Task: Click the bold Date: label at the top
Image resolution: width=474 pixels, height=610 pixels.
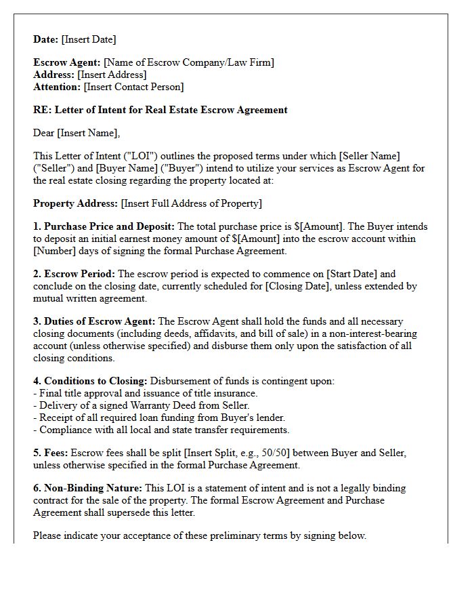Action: (46, 39)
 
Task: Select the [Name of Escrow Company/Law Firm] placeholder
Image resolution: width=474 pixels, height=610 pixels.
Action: (189, 63)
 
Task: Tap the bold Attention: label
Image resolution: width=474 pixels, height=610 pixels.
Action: (57, 87)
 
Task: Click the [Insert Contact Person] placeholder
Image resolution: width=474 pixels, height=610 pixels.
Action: (133, 87)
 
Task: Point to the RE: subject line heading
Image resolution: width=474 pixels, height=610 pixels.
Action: (160, 110)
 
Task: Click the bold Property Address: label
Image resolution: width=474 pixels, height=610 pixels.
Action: (75, 203)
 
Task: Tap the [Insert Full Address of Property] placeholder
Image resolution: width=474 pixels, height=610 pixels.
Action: (192, 203)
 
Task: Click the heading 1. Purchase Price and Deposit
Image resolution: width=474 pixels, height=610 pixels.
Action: (104, 227)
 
